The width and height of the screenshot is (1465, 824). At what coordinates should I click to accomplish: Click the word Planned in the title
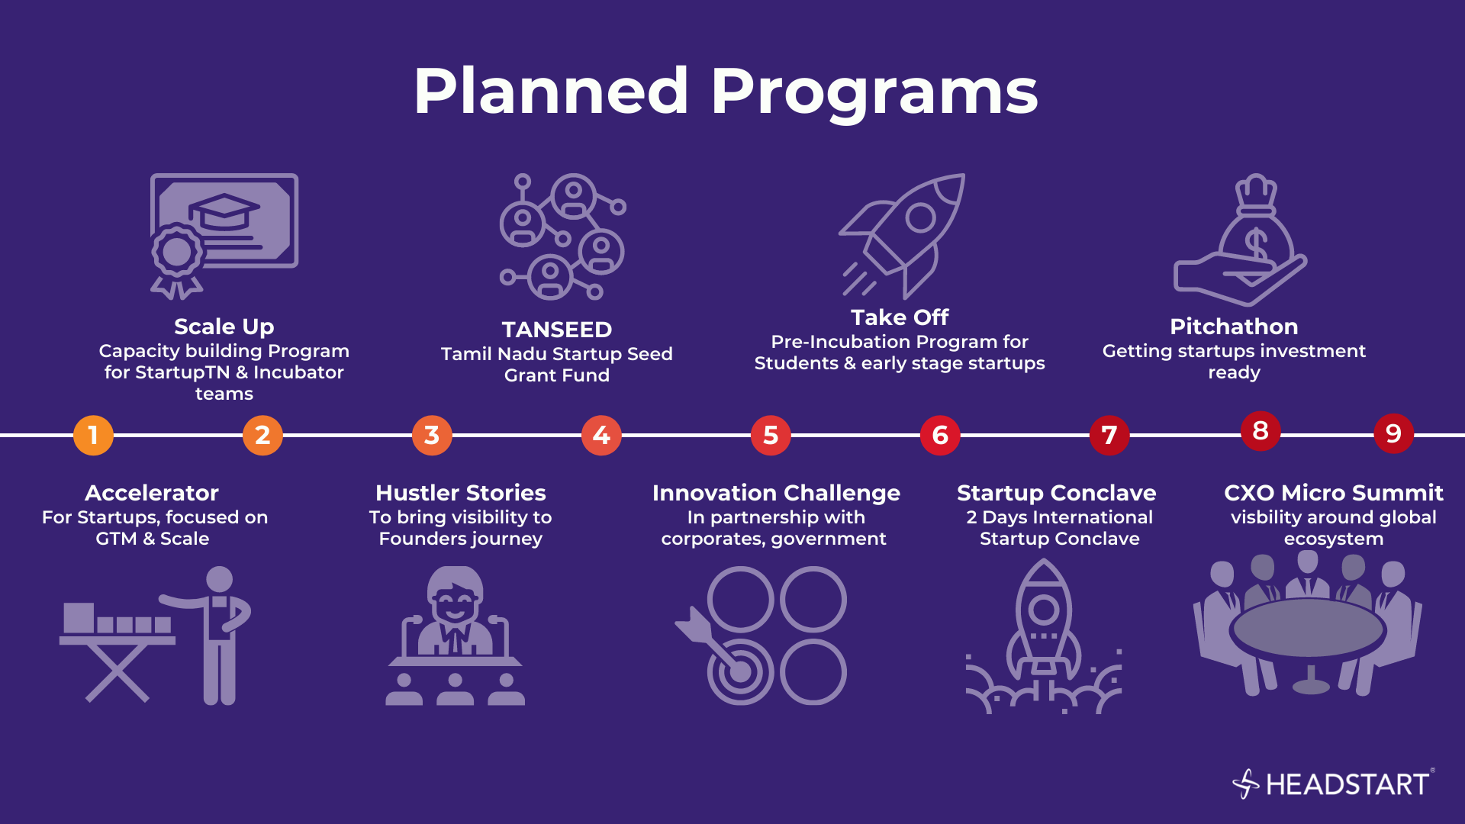(551, 91)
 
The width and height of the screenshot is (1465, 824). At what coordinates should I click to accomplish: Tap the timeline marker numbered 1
(93, 436)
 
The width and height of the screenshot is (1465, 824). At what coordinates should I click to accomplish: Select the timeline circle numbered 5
(771, 436)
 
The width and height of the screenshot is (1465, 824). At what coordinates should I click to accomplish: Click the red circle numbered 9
(1393, 433)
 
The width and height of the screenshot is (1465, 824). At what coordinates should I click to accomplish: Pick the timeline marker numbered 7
(1109, 436)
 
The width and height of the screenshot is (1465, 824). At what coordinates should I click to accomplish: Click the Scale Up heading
(224, 327)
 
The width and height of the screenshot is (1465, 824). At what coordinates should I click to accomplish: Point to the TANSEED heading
(557, 330)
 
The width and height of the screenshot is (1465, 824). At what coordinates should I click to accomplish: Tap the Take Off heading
(900, 317)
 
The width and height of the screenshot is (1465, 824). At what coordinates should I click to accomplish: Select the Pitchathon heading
(1234, 327)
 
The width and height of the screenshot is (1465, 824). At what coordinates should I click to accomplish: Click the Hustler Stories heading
(461, 493)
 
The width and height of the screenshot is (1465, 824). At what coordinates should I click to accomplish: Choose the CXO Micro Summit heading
(1334, 493)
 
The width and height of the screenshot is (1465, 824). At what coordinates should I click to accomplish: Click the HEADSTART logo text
(1347, 784)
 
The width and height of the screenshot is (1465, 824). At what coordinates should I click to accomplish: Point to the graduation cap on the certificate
(224, 211)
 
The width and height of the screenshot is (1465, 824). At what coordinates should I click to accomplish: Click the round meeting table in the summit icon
(1309, 630)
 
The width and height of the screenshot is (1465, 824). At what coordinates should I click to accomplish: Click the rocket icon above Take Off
(903, 236)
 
